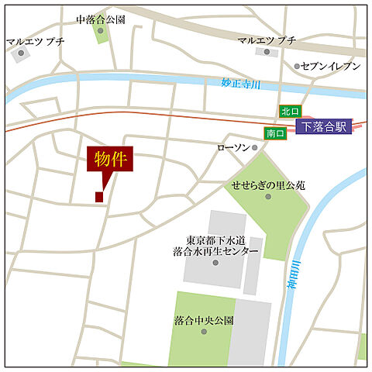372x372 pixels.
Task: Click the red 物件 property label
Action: tap(110, 160)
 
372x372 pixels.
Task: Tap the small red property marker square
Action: tap(99, 197)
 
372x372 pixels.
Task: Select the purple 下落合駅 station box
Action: tap(324, 126)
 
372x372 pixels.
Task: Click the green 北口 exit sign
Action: tap(291, 112)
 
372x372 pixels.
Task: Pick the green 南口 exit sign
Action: tap(275, 133)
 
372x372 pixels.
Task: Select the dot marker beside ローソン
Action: tap(255, 147)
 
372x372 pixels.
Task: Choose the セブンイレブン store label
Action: tap(331, 67)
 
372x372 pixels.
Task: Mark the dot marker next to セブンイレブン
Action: tap(298, 67)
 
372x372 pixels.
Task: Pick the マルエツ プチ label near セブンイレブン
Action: tap(267, 40)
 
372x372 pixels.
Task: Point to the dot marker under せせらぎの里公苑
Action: tap(268, 196)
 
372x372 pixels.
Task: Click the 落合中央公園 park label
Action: tap(203, 319)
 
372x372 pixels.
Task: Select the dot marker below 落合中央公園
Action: tap(204, 331)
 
